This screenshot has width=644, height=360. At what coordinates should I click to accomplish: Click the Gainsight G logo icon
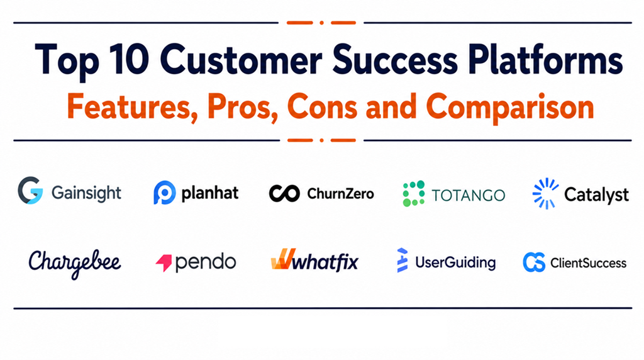[30, 191]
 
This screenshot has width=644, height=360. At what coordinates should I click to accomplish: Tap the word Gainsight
[86, 193]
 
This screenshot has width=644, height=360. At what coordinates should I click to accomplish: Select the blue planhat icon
[164, 193]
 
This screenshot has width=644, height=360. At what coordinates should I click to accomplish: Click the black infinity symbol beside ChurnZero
[284, 193]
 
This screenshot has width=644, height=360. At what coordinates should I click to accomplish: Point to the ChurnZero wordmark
[340, 194]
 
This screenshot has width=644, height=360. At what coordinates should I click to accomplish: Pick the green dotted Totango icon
[414, 193]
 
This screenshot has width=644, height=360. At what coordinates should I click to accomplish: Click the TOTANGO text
[468, 195]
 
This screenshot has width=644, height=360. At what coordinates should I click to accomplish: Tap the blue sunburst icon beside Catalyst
[545, 194]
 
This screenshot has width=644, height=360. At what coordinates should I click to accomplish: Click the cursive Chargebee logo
[75, 264]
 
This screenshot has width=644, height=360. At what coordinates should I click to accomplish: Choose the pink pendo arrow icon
[164, 263]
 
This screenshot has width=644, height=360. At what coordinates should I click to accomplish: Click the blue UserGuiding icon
[402, 260]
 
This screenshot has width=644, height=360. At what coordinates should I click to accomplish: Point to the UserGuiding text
[455, 263]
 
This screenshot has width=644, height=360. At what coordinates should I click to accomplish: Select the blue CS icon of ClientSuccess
[534, 262]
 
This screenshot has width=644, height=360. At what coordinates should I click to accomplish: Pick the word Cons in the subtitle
[322, 106]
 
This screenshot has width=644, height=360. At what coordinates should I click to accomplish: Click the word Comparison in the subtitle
[510, 108]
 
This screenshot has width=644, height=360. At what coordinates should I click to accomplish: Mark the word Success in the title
[395, 60]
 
